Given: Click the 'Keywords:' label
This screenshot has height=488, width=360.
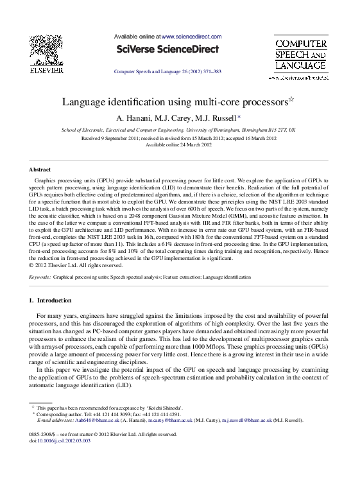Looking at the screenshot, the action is pyautogui.click(x=40, y=276).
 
